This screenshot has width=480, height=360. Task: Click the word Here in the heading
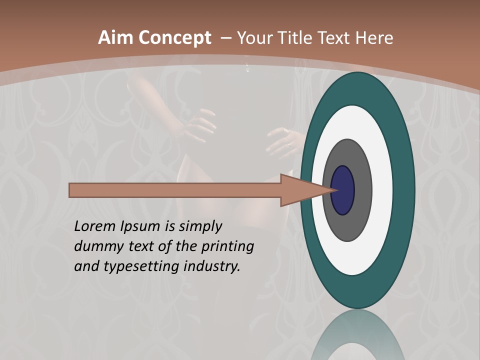[x=375, y=38]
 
